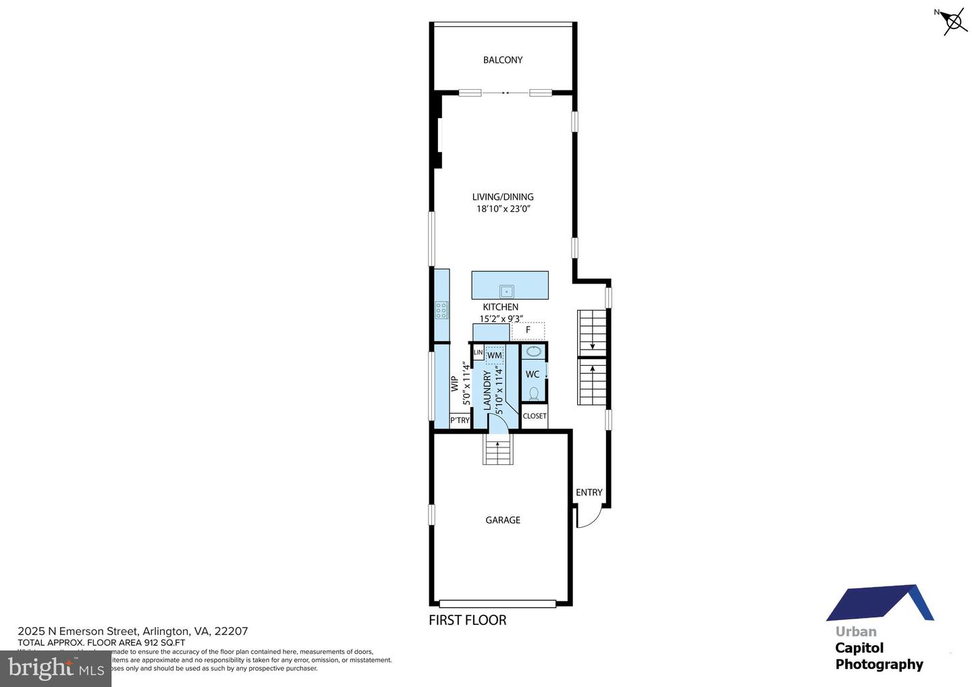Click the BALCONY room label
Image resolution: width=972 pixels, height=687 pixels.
(502, 60)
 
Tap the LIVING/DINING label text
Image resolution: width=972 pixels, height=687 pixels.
(503, 197)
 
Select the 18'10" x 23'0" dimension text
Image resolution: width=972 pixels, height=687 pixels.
(504, 209)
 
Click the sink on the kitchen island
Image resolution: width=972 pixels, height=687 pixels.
(506, 292)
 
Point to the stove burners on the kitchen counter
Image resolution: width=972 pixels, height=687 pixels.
(441, 310)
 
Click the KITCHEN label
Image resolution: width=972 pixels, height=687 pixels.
(500, 307)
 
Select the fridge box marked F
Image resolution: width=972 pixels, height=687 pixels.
(528, 330)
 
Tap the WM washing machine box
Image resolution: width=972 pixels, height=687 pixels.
(494, 355)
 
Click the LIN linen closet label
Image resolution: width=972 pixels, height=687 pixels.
(478, 352)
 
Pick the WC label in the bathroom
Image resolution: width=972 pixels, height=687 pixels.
(532, 375)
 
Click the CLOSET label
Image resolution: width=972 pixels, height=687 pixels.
(535, 416)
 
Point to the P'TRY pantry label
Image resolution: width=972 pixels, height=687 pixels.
(460, 420)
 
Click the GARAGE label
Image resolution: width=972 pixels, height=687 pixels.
(503, 520)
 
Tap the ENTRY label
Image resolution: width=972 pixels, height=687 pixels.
(589, 493)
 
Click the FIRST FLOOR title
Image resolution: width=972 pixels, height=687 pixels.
(467, 620)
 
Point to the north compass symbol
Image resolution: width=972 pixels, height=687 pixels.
(954, 22)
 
